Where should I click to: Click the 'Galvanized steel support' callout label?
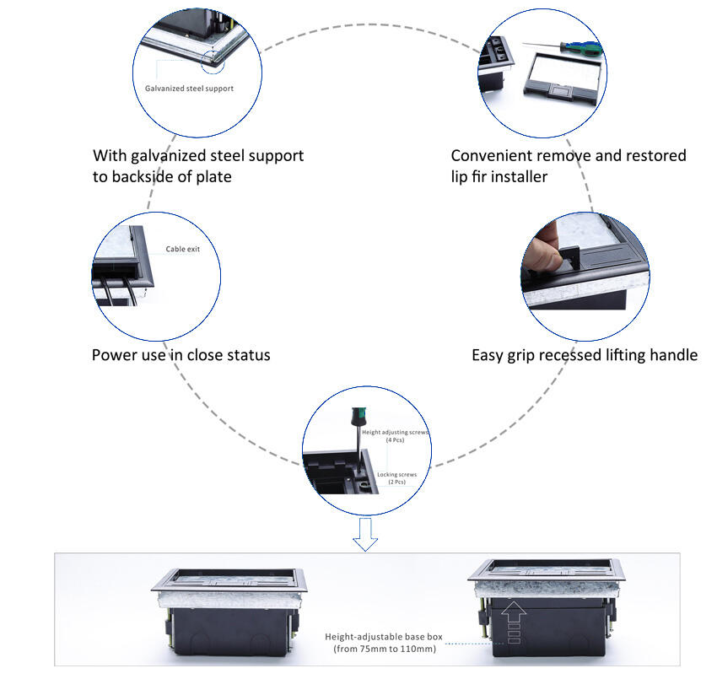(189, 88)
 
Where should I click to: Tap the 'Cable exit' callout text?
(182, 249)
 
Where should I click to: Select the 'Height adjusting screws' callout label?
(396, 432)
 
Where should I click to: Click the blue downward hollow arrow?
(365, 535)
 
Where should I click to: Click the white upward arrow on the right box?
(515, 622)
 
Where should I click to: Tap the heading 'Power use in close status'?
(181, 355)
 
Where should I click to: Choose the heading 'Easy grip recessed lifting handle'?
(584, 355)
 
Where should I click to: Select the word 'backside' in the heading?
(148, 176)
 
